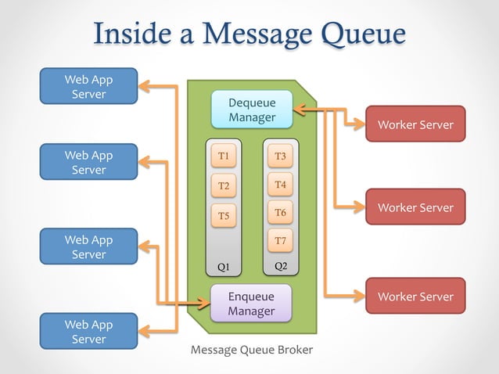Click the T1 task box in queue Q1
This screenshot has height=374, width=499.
pos(224,156)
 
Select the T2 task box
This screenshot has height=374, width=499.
pos(224,185)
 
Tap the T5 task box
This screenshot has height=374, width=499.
pos(224,215)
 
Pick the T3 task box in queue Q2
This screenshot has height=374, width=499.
pos(281,156)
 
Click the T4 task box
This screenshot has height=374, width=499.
pos(281,185)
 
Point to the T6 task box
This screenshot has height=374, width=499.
pos(281,212)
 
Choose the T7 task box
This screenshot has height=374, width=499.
pos(281,240)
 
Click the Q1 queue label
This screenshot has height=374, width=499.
pos(224,267)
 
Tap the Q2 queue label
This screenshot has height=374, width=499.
pos(281,266)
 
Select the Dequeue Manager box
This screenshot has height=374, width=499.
pos(252,110)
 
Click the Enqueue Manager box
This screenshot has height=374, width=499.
pos(251,304)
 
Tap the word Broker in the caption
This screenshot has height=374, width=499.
pos(294,350)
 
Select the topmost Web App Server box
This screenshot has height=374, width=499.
pos(88,87)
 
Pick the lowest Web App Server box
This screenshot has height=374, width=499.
pos(88,332)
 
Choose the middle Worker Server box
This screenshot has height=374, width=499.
pos(415,207)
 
